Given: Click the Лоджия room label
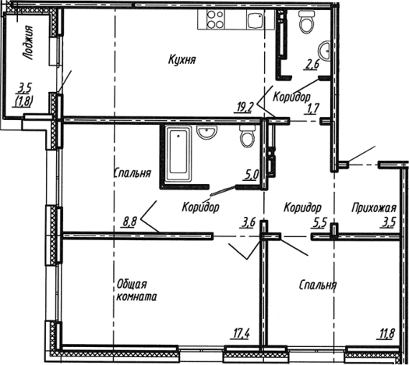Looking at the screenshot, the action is tap(28, 43).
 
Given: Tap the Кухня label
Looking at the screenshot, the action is tap(182, 59).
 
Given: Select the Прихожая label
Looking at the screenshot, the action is tap(374, 208).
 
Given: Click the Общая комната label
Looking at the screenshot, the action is tap(136, 290).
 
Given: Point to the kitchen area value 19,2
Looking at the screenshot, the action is tap(244, 108).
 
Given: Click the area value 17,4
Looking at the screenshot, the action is tap(240, 334).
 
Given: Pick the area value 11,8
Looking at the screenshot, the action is tap(386, 334).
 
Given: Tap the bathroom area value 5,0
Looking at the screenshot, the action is tap(251, 175).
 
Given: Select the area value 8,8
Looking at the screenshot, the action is tap(129, 222).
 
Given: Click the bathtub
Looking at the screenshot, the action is tap(178, 154).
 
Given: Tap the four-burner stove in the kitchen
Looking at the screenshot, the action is tap(215, 19).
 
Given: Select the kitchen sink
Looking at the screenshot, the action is tap(255, 20).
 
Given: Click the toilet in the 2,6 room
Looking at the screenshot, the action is tap(306, 22).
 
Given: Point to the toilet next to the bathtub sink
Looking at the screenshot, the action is tap(247, 136).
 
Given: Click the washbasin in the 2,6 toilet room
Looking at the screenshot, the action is tap(324, 51).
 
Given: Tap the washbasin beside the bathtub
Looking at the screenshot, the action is tap(207, 132).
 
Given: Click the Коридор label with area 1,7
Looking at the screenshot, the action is tap(291, 97).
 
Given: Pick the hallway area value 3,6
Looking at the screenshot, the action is tap(248, 223).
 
